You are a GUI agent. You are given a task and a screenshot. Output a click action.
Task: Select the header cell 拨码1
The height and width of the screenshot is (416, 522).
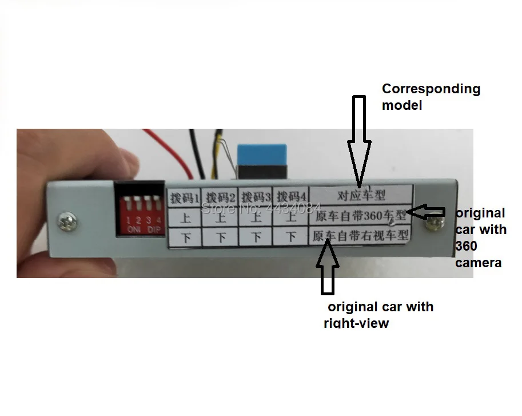(x=184, y=198)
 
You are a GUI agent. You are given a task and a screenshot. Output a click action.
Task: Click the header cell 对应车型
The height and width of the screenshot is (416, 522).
(x=360, y=195)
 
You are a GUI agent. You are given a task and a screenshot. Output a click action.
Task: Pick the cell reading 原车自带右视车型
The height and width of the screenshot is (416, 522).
(x=360, y=235)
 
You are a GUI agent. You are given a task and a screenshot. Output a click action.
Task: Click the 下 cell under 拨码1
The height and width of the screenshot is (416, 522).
(x=185, y=236)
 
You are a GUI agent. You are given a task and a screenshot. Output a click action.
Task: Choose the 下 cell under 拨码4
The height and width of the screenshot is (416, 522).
(x=290, y=236)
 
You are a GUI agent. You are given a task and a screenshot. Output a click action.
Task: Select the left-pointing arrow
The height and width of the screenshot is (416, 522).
(x=427, y=212)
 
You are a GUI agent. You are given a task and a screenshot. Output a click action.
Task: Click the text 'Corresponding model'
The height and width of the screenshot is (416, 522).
(x=431, y=97)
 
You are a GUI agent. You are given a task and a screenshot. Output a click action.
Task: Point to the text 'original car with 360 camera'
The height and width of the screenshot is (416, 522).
(x=480, y=237)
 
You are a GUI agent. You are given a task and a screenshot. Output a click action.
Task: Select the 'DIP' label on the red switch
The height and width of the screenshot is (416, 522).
(x=154, y=229)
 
